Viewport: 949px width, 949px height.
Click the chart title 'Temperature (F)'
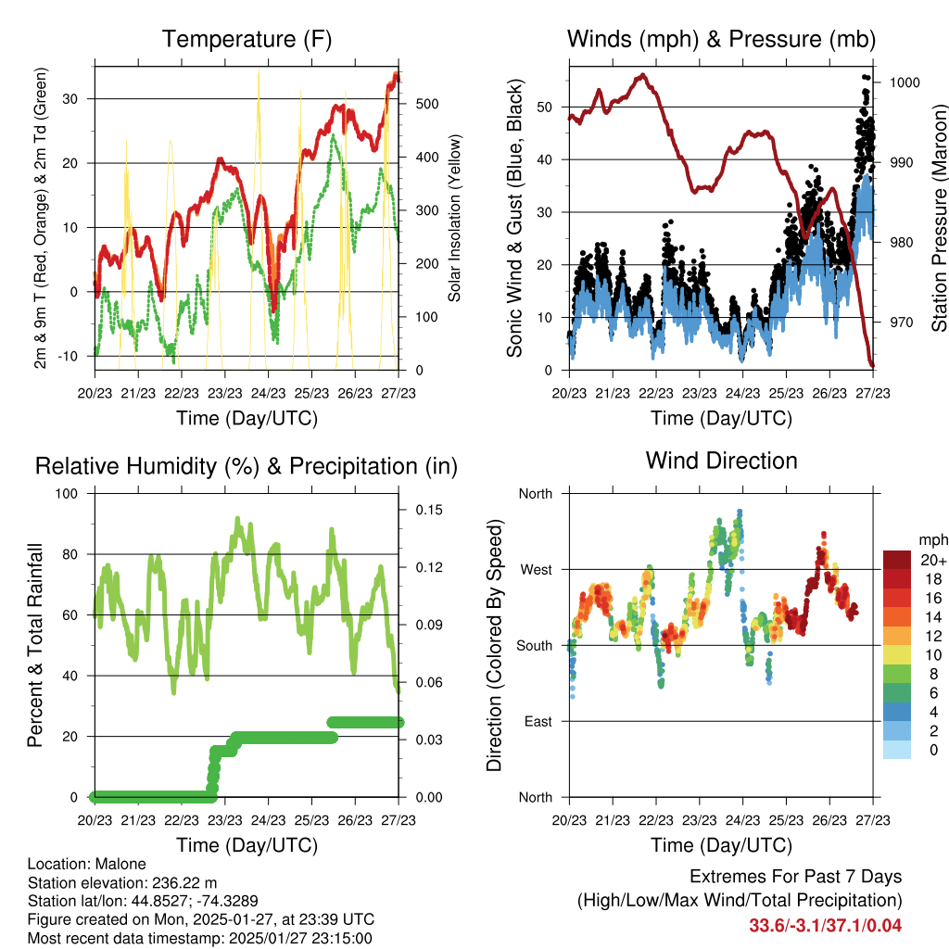[246, 40]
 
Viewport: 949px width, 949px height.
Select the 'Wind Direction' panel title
[721, 461]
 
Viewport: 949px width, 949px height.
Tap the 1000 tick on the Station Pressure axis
[904, 82]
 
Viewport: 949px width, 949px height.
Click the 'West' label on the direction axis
[534, 569]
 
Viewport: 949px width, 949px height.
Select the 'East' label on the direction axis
[536, 721]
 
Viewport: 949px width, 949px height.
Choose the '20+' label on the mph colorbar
[932, 560]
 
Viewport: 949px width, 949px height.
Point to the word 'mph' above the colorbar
[932, 539]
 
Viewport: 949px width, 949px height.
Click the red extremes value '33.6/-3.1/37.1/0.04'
[825, 925]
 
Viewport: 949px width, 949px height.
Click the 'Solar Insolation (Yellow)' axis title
[454, 219]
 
